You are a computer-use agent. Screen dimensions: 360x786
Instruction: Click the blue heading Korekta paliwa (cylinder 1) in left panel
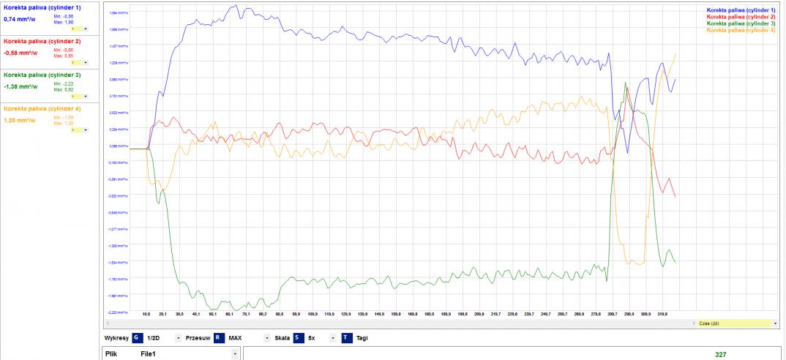click(42, 7)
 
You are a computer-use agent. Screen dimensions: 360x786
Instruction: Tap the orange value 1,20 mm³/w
click(19, 120)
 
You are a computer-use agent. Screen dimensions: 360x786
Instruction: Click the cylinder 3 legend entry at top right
click(741, 23)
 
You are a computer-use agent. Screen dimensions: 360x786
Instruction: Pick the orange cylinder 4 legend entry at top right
click(741, 30)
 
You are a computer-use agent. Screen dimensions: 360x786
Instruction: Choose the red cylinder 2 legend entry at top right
click(741, 17)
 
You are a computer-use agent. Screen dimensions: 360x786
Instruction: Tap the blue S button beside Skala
click(298, 338)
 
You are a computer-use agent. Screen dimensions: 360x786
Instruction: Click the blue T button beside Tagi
click(346, 338)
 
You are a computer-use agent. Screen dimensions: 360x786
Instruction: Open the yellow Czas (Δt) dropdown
click(736, 323)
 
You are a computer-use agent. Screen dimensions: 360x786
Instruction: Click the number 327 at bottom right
click(721, 354)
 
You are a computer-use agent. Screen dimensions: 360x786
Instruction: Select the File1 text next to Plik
click(149, 354)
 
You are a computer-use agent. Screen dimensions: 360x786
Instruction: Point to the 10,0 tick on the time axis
click(146, 313)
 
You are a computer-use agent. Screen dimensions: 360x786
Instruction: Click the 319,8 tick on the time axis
click(662, 313)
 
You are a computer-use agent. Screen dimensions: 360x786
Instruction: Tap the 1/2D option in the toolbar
click(154, 338)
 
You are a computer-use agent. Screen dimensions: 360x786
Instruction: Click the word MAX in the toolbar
click(233, 338)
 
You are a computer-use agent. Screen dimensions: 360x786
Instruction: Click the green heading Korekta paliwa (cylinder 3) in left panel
click(42, 75)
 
